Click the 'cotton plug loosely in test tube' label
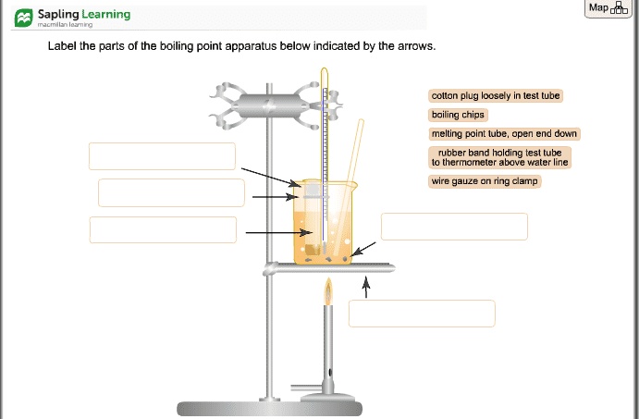[497, 95]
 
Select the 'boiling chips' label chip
[458, 115]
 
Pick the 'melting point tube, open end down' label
[504, 134]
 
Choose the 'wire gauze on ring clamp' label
[485, 181]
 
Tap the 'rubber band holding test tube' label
[499, 157]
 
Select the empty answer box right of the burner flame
[422, 314]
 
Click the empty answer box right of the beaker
[454, 227]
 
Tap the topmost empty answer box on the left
[162, 156]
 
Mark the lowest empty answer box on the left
[163, 229]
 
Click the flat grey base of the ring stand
[268, 409]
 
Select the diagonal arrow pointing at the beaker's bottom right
[365, 250]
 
